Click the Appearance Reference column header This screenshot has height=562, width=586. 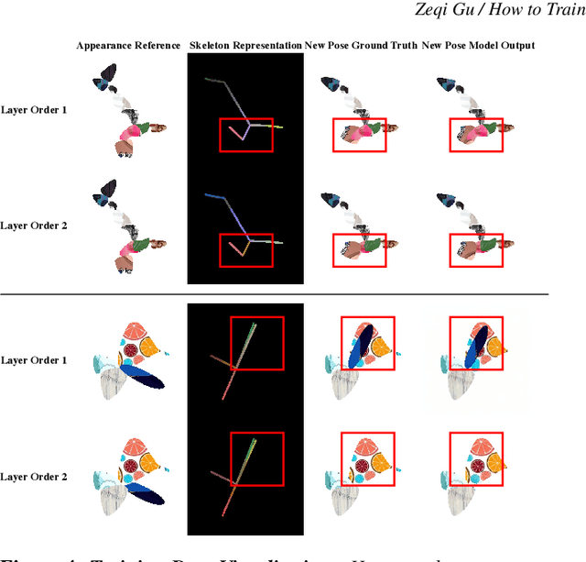tap(128, 46)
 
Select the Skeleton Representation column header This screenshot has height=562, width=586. tap(244, 46)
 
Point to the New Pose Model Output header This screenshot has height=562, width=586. tap(483, 46)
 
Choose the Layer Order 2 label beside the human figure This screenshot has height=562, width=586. tap(33, 225)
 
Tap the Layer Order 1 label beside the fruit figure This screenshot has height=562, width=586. tap(33, 360)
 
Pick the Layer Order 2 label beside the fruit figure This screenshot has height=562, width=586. tap(33, 477)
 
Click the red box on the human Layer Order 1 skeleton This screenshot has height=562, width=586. tap(245, 135)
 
